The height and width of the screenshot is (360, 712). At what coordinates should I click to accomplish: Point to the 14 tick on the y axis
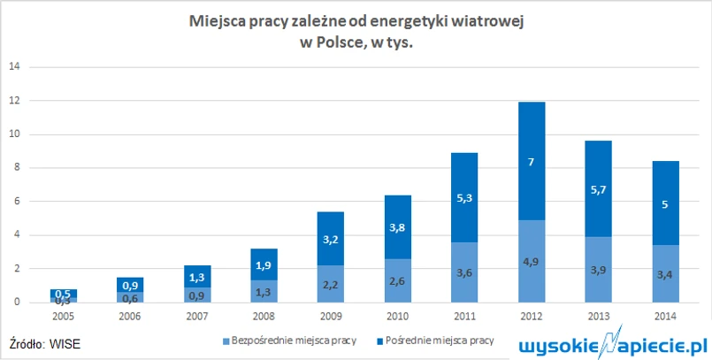tap(13, 67)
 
